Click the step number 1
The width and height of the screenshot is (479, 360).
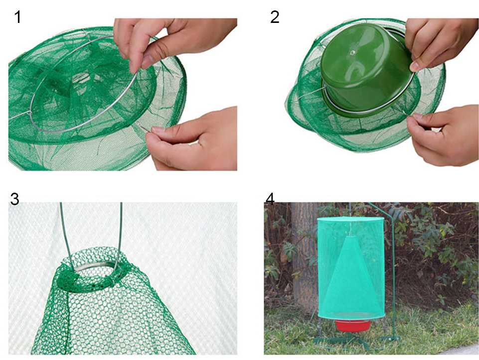(x=18, y=17)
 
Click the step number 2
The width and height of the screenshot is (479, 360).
(x=275, y=17)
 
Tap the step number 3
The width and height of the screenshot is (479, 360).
(x=14, y=199)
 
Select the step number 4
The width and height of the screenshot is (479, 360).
(x=270, y=199)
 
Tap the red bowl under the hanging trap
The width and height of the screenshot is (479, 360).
(x=353, y=326)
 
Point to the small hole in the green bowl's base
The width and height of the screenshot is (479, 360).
(x=352, y=52)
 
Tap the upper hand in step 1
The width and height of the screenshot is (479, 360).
(x=171, y=40)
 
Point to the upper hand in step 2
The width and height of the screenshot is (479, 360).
(x=440, y=43)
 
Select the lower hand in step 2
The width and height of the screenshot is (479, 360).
(x=443, y=134)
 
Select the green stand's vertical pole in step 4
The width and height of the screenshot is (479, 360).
(x=394, y=274)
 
